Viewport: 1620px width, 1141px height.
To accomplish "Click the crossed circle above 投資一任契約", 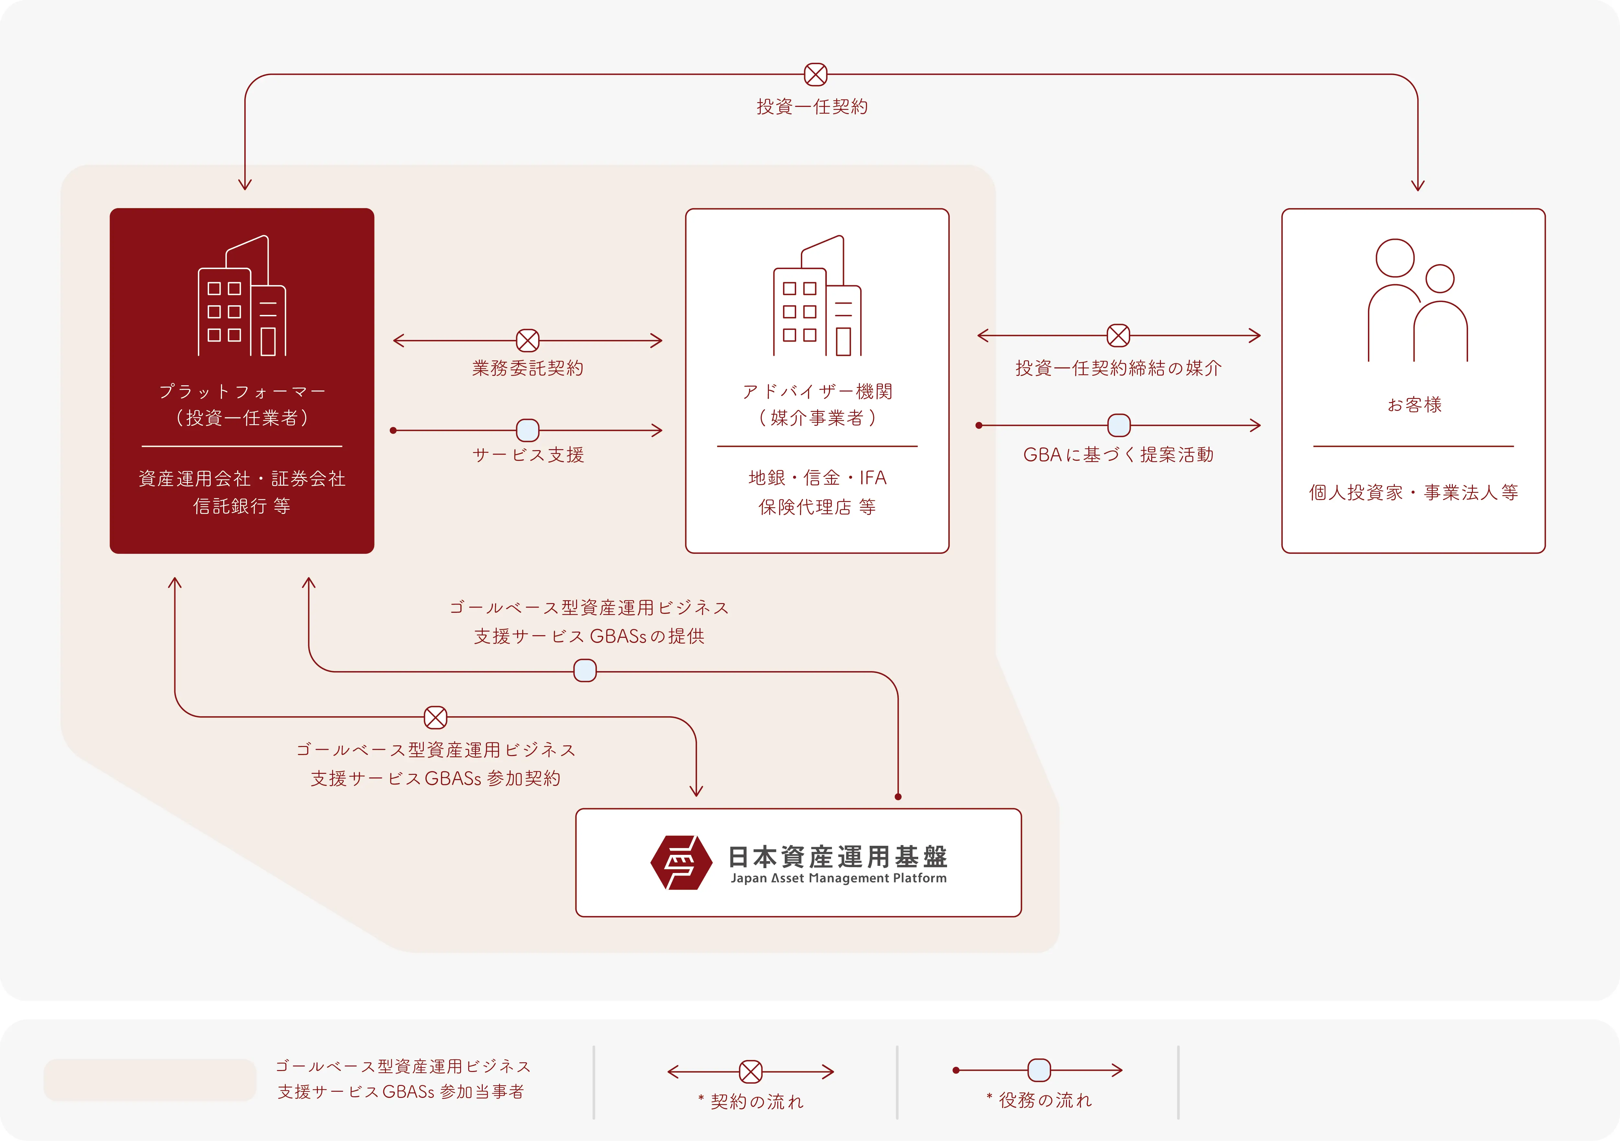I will pos(816,74).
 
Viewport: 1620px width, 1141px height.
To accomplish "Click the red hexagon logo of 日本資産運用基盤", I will pos(681,862).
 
